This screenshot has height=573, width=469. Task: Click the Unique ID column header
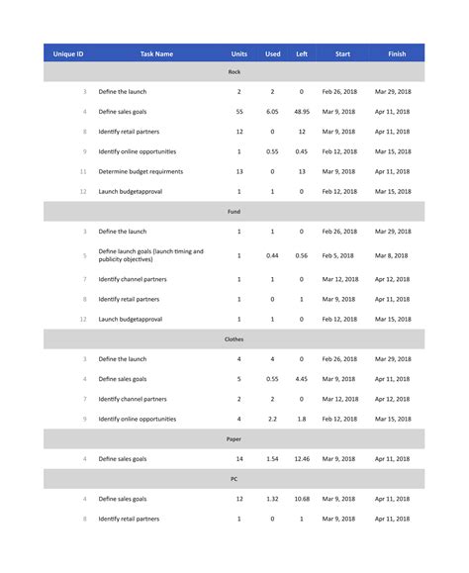tap(68, 53)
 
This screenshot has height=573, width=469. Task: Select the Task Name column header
tap(156, 53)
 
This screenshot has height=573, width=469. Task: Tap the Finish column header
tap(397, 53)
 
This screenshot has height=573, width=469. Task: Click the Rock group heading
tap(234, 72)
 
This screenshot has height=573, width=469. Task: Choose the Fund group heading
tap(234, 211)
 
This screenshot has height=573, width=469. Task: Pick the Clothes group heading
tap(234, 339)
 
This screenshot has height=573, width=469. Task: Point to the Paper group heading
tap(234, 438)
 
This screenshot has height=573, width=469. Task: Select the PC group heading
tap(234, 478)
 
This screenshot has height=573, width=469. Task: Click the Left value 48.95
tap(302, 112)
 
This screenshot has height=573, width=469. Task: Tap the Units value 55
tap(239, 112)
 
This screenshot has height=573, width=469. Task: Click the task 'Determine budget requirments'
tap(141, 171)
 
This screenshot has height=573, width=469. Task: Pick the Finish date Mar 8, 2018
tap(393, 255)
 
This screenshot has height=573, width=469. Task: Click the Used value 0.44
tap(272, 255)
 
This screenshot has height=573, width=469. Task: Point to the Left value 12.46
tap(302, 458)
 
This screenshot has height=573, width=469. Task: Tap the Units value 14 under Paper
tap(239, 458)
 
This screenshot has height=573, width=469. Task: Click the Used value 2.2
tap(272, 419)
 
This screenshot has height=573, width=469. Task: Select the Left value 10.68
tap(302, 499)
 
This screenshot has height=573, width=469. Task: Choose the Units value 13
tap(239, 171)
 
